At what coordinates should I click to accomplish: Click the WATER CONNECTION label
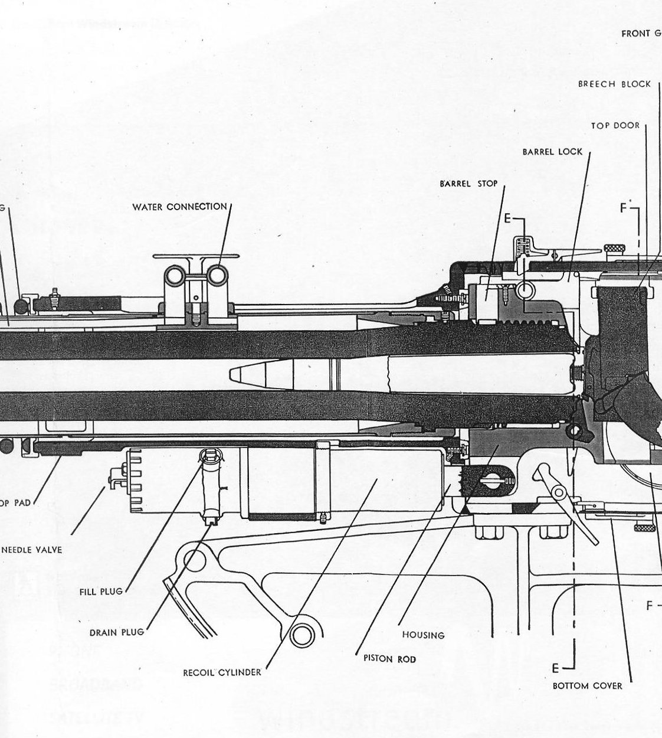click(x=179, y=207)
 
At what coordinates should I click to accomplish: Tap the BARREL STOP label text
click(x=468, y=184)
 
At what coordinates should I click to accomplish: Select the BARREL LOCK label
click(x=552, y=152)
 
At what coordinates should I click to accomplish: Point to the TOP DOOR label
click(x=615, y=126)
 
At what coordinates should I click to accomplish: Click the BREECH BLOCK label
click(x=614, y=84)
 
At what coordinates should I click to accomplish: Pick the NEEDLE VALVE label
click(x=32, y=550)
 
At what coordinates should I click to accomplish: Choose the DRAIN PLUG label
click(x=116, y=632)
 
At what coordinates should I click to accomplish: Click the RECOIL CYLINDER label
click(x=222, y=672)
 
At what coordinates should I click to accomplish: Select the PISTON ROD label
click(x=389, y=659)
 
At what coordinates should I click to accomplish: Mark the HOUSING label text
click(x=423, y=635)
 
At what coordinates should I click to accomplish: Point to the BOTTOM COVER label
click(x=587, y=685)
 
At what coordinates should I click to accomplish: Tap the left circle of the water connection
click(x=175, y=274)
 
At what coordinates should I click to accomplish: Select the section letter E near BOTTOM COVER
click(x=555, y=668)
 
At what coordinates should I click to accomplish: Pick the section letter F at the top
click(x=624, y=208)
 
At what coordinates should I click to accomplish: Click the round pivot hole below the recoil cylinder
click(x=301, y=635)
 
